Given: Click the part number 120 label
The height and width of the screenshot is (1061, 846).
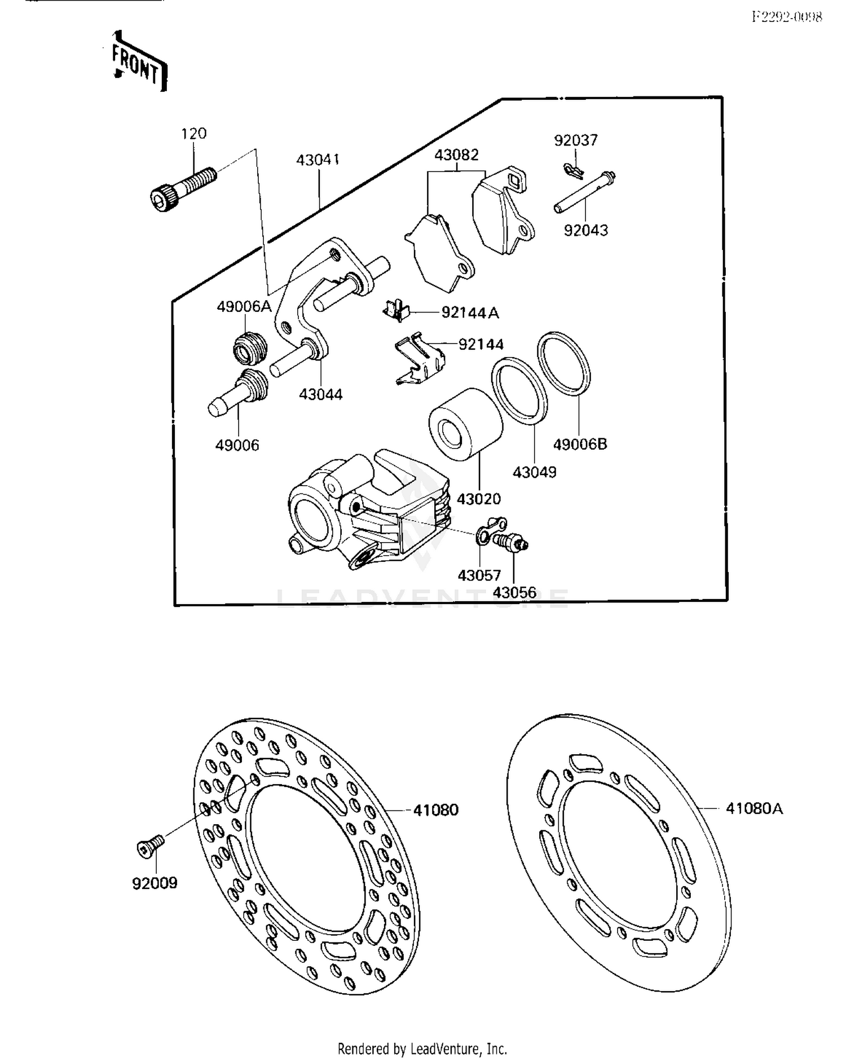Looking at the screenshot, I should (x=193, y=134).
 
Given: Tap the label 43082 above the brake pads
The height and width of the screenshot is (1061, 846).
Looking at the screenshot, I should (x=456, y=154).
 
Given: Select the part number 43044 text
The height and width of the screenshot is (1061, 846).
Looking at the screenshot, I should (x=320, y=394).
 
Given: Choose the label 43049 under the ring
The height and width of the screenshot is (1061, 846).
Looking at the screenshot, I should (x=534, y=472).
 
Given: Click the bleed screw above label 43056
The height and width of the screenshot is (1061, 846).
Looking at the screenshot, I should (x=510, y=542).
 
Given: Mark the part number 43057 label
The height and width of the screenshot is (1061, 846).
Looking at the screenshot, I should (x=479, y=575).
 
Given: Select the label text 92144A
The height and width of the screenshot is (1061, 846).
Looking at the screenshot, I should (x=470, y=312).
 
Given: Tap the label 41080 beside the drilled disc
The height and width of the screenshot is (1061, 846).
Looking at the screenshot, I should (x=435, y=810).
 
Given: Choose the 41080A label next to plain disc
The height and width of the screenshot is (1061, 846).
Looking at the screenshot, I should (x=754, y=808).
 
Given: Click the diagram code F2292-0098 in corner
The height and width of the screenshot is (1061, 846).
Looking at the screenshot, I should (x=786, y=17).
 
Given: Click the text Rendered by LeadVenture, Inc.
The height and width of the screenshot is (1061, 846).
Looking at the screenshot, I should (x=422, y=1049).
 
